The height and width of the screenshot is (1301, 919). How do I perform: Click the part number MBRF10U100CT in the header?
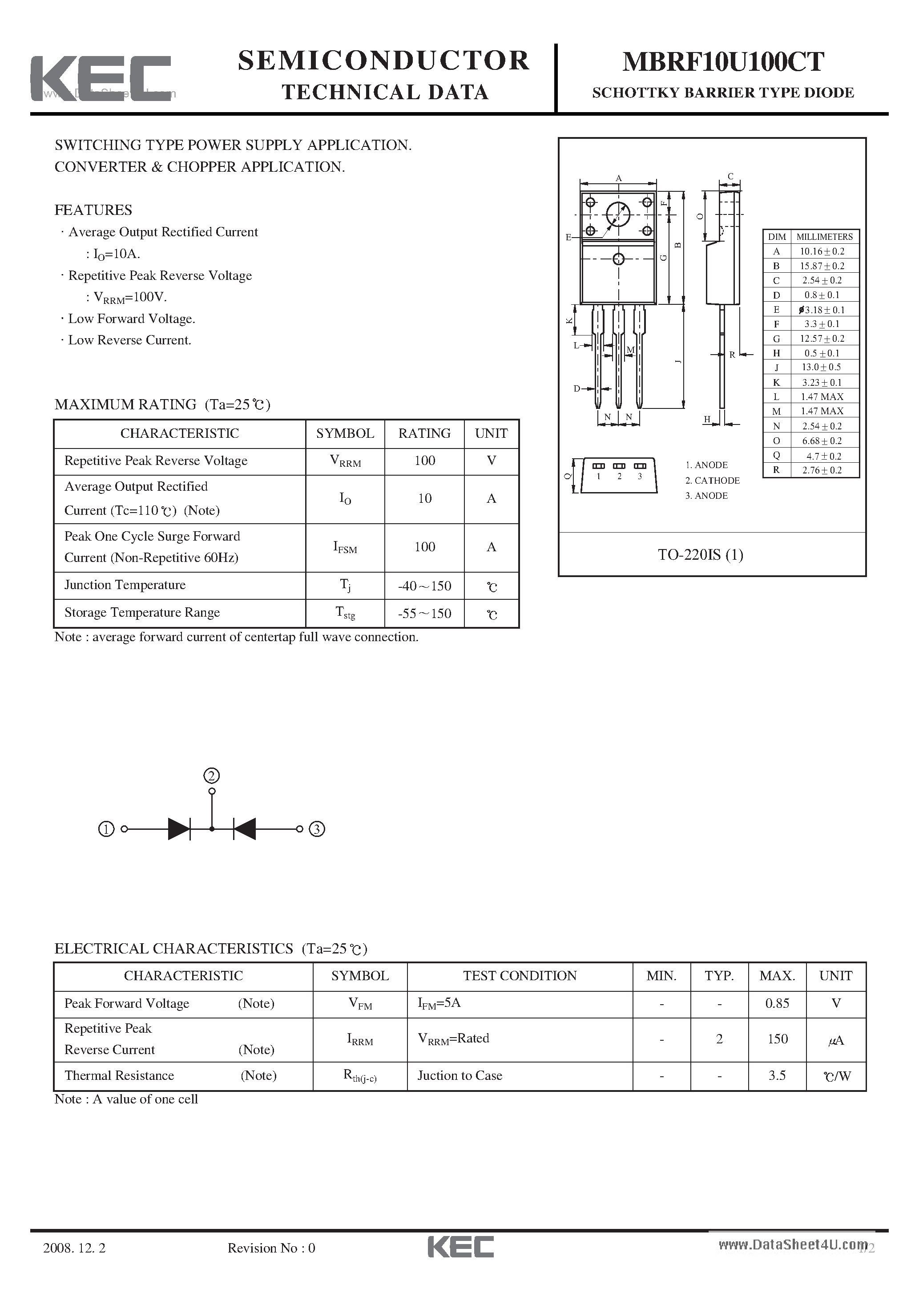[723, 62]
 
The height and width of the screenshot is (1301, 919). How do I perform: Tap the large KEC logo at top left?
[101, 79]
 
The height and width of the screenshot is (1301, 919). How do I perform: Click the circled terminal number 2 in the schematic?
[211, 776]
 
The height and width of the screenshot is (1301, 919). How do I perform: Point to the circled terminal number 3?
[317, 829]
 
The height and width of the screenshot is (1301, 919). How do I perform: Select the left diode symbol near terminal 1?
[180, 829]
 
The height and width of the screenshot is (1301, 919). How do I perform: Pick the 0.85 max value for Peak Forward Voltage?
[777, 1003]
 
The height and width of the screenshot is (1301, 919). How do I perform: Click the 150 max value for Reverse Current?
[778, 1038]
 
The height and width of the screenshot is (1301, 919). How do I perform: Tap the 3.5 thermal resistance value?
[777, 1075]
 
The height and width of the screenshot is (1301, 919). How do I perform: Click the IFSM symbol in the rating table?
[344, 547]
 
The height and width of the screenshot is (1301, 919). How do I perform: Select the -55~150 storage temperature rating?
[424, 613]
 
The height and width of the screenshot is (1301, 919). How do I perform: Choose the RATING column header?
[424, 433]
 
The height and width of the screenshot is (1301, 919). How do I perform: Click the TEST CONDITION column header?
[520, 976]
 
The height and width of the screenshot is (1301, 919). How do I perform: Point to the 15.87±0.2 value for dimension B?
[822, 266]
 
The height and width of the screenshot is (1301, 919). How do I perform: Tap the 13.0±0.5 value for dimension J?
[821, 367]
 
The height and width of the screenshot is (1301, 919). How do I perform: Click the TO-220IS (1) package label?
[700, 554]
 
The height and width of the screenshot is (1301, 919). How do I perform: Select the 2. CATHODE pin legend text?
[712, 481]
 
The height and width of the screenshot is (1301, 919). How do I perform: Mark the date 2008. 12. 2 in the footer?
[74, 1264]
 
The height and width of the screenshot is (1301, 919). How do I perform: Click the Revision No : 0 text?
[271, 1264]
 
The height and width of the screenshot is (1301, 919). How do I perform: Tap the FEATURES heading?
[93, 210]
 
